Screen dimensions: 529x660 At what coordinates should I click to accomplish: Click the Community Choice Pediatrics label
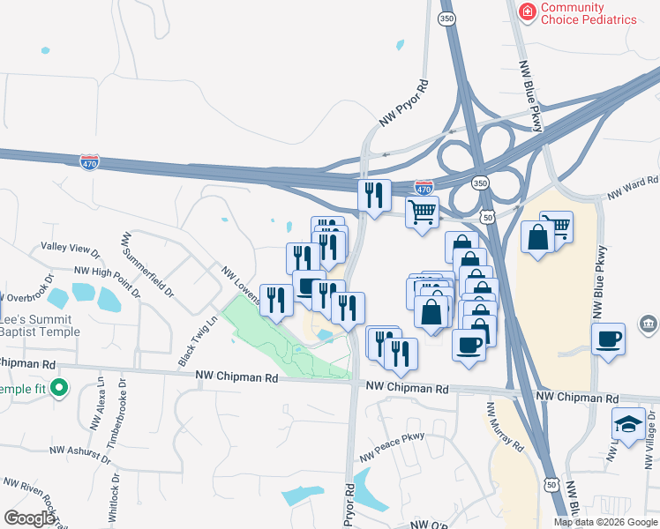tap(589, 13)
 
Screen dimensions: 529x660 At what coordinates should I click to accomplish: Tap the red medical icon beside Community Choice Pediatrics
tap(527, 11)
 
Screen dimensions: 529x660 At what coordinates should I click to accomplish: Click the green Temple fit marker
tap(60, 388)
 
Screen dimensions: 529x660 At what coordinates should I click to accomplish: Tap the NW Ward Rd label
tap(633, 187)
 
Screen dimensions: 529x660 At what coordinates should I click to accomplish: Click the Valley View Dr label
tap(71, 250)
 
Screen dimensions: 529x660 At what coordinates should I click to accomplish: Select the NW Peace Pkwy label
tap(392, 447)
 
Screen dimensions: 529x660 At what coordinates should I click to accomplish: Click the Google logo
tap(29, 518)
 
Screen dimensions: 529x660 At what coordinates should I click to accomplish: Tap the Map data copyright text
tap(605, 522)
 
